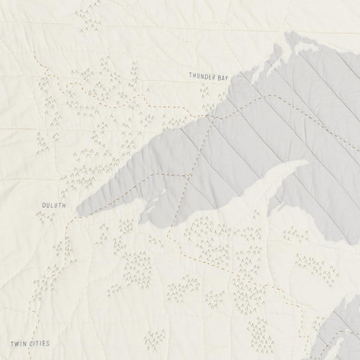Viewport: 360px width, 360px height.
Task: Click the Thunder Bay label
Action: point(206,76)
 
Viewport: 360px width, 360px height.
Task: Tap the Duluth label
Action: point(54,205)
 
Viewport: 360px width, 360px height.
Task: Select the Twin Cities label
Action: point(30,343)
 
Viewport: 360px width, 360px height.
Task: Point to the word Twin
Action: point(18,343)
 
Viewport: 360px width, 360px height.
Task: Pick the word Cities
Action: point(38,343)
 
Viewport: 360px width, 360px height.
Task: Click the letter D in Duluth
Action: point(44,205)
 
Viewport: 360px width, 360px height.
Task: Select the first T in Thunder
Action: point(190,75)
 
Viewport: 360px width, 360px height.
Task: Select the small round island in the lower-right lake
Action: point(347,331)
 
